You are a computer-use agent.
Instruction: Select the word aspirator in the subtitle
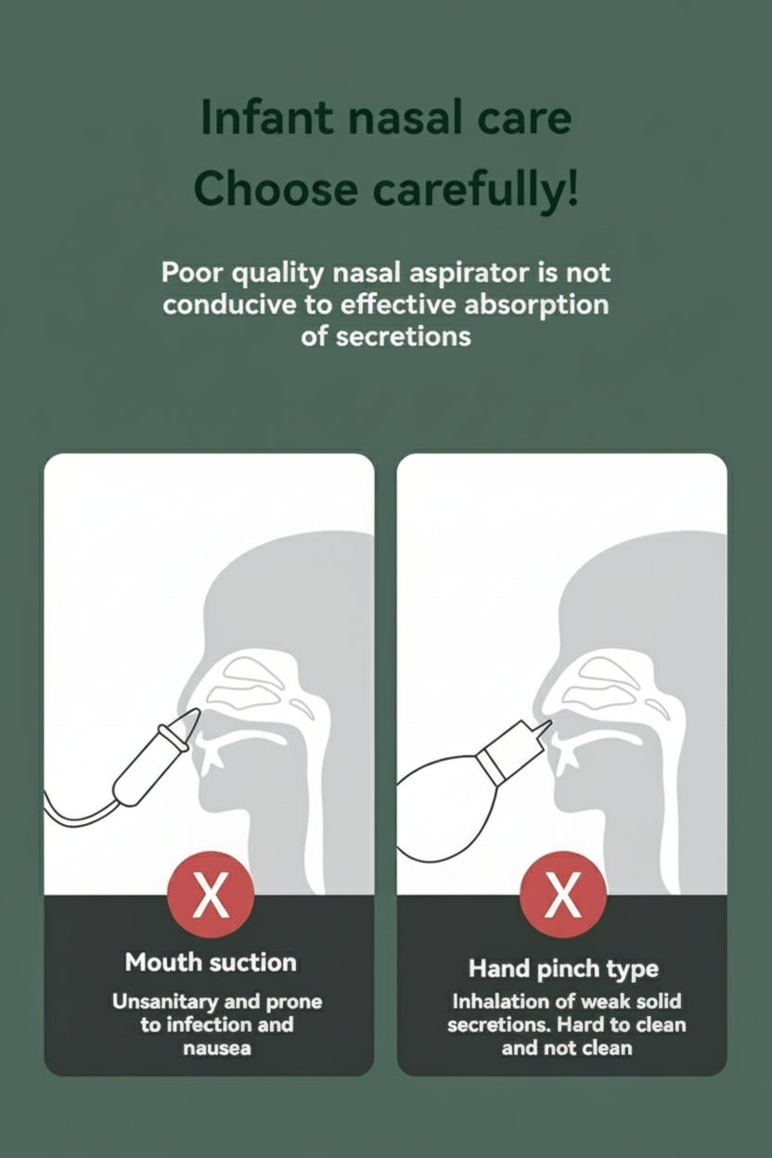[x=469, y=274]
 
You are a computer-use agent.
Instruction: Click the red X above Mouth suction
[x=211, y=894]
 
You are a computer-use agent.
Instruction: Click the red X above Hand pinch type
[x=563, y=894]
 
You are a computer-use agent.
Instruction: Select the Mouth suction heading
[x=211, y=962]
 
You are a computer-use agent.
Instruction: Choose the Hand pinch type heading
[x=563, y=970]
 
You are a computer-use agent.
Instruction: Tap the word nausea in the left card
[x=216, y=1048]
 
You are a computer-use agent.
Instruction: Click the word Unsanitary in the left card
[x=165, y=1002]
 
